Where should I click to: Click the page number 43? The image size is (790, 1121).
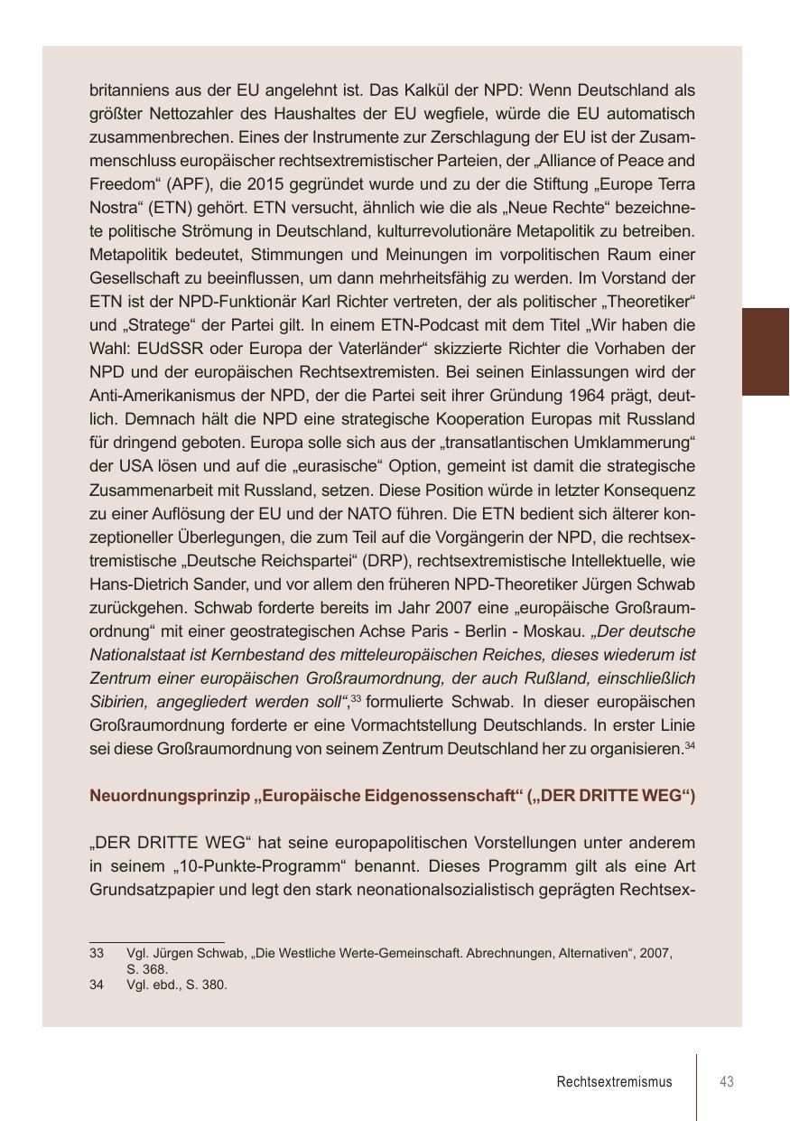(x=726, y=1081)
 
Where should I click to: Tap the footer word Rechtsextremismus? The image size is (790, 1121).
(x=614, y=1081)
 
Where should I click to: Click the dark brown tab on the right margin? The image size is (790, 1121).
(x=765, y=351)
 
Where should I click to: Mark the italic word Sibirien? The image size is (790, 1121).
(x=118, y=701)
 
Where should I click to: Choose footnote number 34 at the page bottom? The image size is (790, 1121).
(x=97, y=985)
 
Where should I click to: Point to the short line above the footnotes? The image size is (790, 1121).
(x=156, y=942)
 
